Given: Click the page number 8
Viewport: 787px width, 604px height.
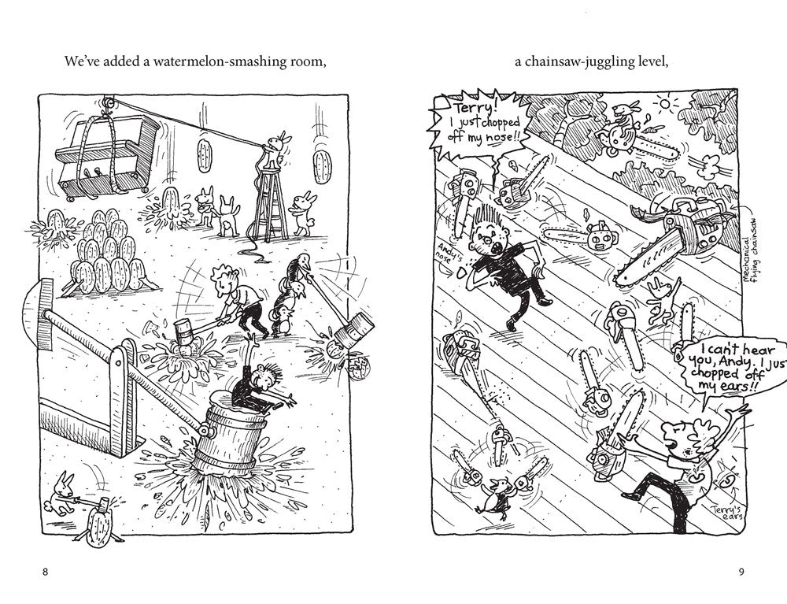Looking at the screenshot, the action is (45, 572).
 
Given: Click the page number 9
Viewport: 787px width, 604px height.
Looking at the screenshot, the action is (741, 572).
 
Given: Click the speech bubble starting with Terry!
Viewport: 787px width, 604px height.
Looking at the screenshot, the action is (480, 124).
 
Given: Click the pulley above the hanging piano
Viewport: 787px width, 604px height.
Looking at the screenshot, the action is (107, 104).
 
